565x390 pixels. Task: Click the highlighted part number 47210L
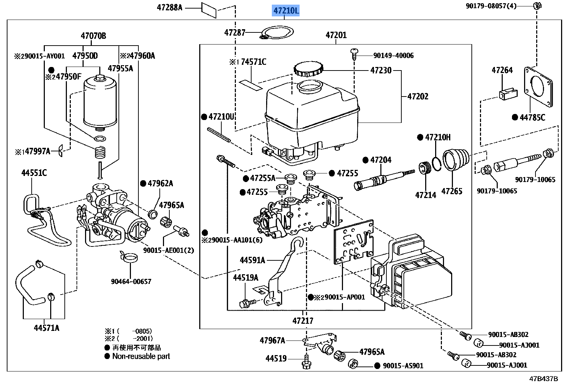pos(286,11)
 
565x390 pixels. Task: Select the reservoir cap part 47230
pos(308,69)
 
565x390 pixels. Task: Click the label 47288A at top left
pos(169,7)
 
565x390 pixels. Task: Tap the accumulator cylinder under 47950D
pos(100,103)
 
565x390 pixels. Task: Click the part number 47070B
pos(93,36)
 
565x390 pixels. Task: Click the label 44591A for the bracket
pos(252,260)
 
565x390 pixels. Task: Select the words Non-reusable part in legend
pos(141,356)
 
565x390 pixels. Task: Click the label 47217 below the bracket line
pos(303,321)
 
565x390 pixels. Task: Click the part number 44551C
pos(34,173)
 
